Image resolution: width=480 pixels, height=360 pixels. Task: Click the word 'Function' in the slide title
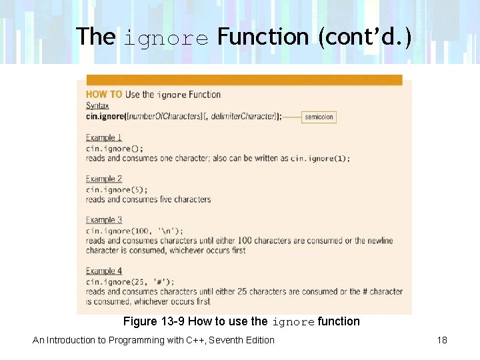[263, 36]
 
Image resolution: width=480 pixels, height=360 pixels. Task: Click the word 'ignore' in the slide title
[166, 39]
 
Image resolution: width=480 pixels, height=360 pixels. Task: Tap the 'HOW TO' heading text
[104, 95]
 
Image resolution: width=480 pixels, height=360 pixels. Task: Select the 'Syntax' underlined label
[97, 105]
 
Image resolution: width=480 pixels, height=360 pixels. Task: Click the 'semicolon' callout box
[319, 117]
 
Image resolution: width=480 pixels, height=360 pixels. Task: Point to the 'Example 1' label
[104, 138]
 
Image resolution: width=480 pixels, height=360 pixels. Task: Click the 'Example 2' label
[104, 179]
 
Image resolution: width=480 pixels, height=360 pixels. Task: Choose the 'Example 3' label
[104, 220]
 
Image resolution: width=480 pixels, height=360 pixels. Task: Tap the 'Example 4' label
[104, 271]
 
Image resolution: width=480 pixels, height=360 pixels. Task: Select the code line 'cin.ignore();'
[114, 148]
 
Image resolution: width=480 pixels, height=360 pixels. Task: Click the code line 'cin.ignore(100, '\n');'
[134, 231]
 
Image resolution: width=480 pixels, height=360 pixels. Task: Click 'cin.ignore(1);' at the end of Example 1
[319, 159]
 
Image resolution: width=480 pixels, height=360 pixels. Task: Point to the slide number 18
[442, 340]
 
